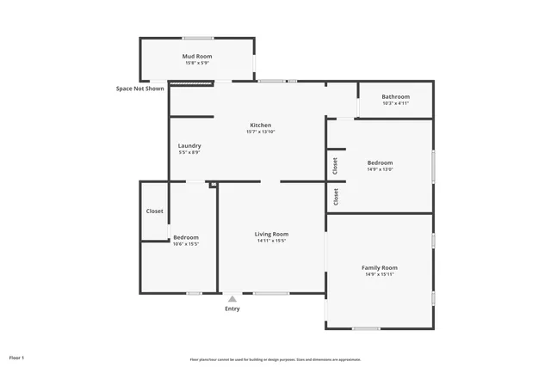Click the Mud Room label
(x=197, y=56)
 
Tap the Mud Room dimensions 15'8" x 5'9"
(x=197, y=63)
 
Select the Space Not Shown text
(x=140, y=88)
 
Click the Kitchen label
(x=260, y=125)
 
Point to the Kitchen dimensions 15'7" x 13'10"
(x=260, y=132)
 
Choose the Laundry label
(x=189, y=145)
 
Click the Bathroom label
(x=395, y=96)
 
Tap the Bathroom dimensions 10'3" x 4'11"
(x=395, y=103)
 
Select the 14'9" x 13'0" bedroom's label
(x=380, y=162)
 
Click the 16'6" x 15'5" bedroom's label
(x=186, y=237)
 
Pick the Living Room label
(x=271, y=234)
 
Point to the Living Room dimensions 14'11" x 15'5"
(x=271, y=241)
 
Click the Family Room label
(x=380, y=267)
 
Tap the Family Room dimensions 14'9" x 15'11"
(x=380, y=274)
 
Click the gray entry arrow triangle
(x=232, y=298)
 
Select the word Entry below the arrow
(x=232, y=309)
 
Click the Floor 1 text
(x=17, y=357)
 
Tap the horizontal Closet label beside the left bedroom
(x=155, y=211)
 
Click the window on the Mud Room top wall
(x=197, y=38)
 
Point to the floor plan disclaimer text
(x=275, y=359)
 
